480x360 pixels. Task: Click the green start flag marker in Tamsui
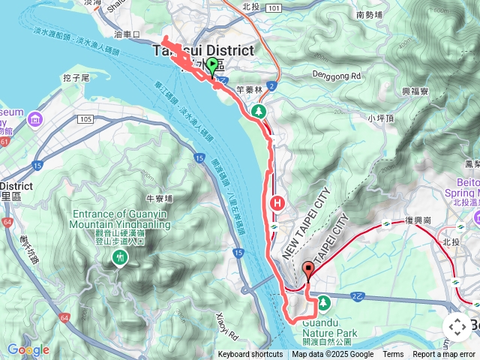tap(212, 66)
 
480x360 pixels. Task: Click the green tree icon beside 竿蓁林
tap(259, 112)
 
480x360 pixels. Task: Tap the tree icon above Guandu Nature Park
tap(323, 302)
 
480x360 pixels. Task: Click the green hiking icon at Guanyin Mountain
tap(118, 257)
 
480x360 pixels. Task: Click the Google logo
tap(28, 349)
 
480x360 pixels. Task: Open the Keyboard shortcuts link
tap(250, 355)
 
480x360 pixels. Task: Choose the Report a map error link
tap(443, 355)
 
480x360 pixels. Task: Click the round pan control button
tap(457, 327)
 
